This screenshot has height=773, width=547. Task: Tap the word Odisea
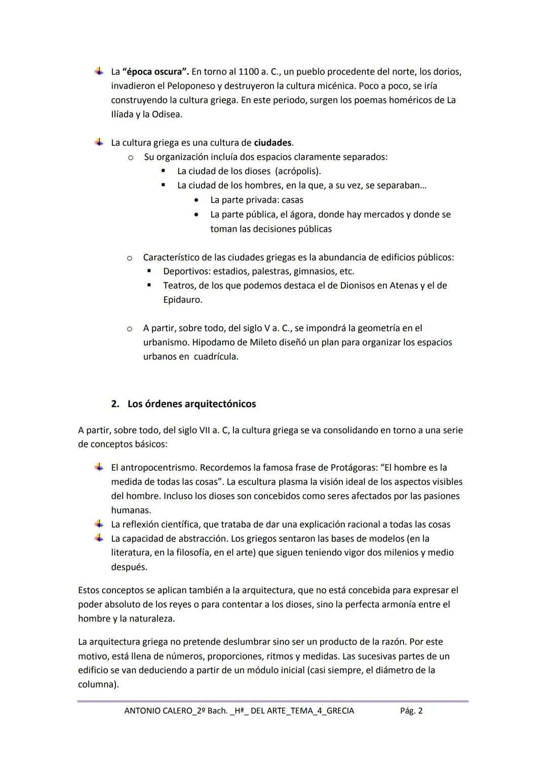(166, 114)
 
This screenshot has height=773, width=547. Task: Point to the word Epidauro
(182, 300)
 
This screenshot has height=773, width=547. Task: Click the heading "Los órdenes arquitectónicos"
(191, 404)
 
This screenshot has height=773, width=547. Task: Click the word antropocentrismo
(158, 468)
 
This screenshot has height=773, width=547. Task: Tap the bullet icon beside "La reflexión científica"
(99, 524)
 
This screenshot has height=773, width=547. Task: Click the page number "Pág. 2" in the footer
(411, 711)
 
